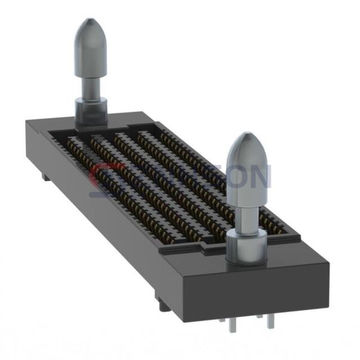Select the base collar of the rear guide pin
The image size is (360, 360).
coord(91,111)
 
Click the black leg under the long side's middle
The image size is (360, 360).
coord(163,302)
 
